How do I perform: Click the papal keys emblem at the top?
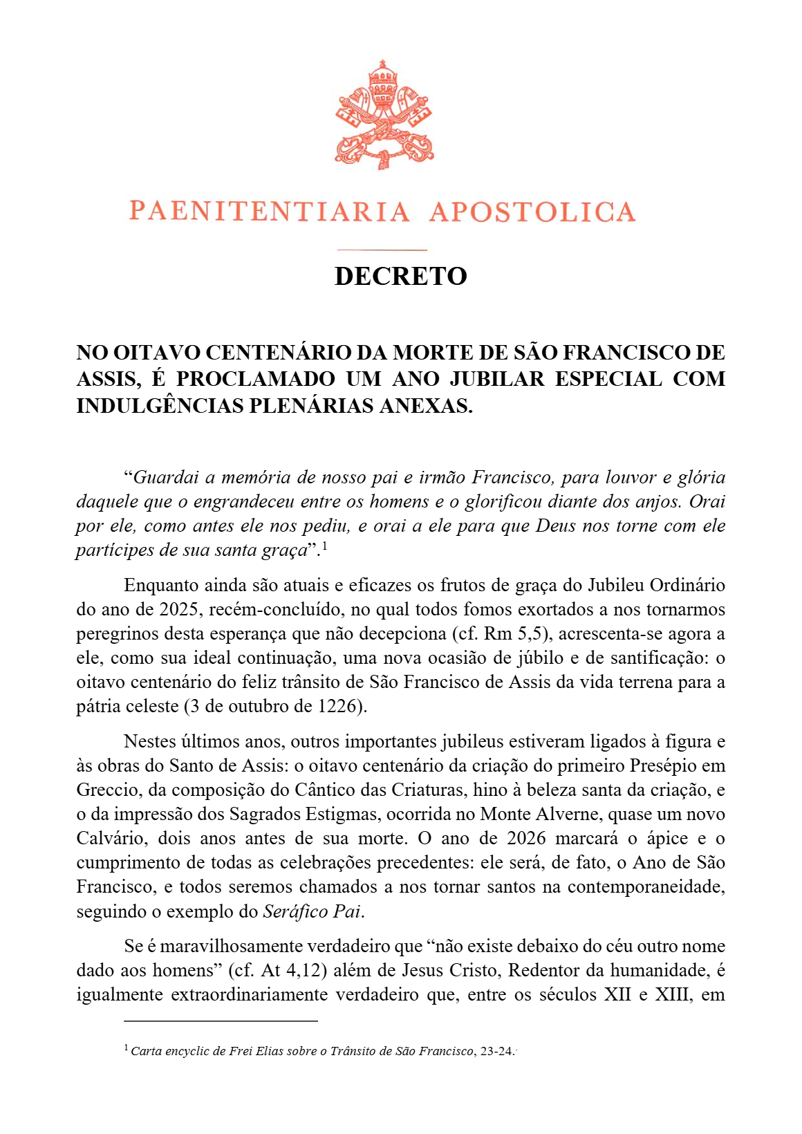(x=384, y=115)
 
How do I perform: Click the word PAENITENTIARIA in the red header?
(x=270, y=212)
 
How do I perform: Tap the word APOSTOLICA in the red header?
(x=532, y=212)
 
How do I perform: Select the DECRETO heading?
(x=401, y=276)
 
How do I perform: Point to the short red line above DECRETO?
(x=382, y=250)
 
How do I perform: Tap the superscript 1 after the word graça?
(x=324, y=546)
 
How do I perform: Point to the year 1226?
(x=339, y=706)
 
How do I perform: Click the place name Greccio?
(x=107, y=790)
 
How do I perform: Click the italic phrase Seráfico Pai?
(x=312, y=911)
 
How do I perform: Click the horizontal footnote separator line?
(x=221, y=1021)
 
